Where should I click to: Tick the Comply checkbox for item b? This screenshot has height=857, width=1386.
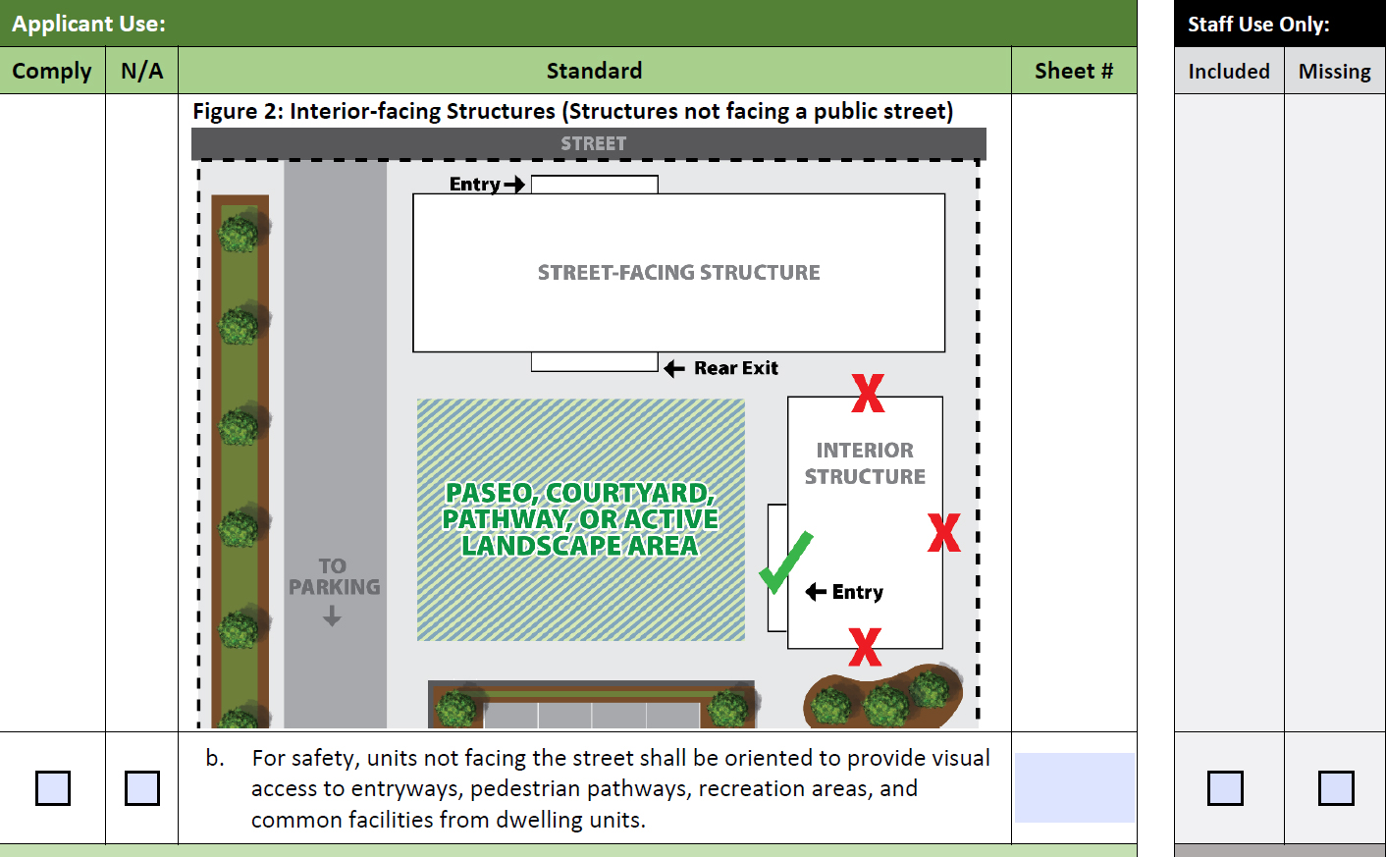coord(53,787)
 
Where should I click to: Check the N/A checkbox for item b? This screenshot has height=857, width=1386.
coord(141,787)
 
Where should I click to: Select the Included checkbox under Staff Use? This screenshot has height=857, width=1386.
coord(1225,787)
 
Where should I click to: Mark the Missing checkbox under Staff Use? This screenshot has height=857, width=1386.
coord(1336,787)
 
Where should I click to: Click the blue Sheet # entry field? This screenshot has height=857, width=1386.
coord(1074,787)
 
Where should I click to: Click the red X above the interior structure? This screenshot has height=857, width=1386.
coord(868,393)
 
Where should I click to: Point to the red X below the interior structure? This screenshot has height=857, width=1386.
coord(865,647)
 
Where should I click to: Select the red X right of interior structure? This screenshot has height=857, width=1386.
coord(944,532)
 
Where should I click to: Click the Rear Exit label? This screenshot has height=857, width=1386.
coord(735,368)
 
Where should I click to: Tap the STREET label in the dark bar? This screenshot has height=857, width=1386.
coord(594,144)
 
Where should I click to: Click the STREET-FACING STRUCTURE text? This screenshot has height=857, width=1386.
coord(679,272)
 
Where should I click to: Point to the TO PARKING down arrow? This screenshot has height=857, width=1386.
coord(333,616)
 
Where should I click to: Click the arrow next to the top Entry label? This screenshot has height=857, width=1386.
coord(514,184)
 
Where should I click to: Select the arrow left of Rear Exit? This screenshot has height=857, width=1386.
coord(673,369)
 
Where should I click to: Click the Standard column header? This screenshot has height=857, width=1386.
coord(594,71)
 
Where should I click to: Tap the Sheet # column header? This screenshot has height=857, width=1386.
coord(1074,71)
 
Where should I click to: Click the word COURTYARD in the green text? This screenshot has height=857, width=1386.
coord(630,493)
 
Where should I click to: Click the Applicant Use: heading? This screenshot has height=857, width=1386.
coord(89,24)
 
